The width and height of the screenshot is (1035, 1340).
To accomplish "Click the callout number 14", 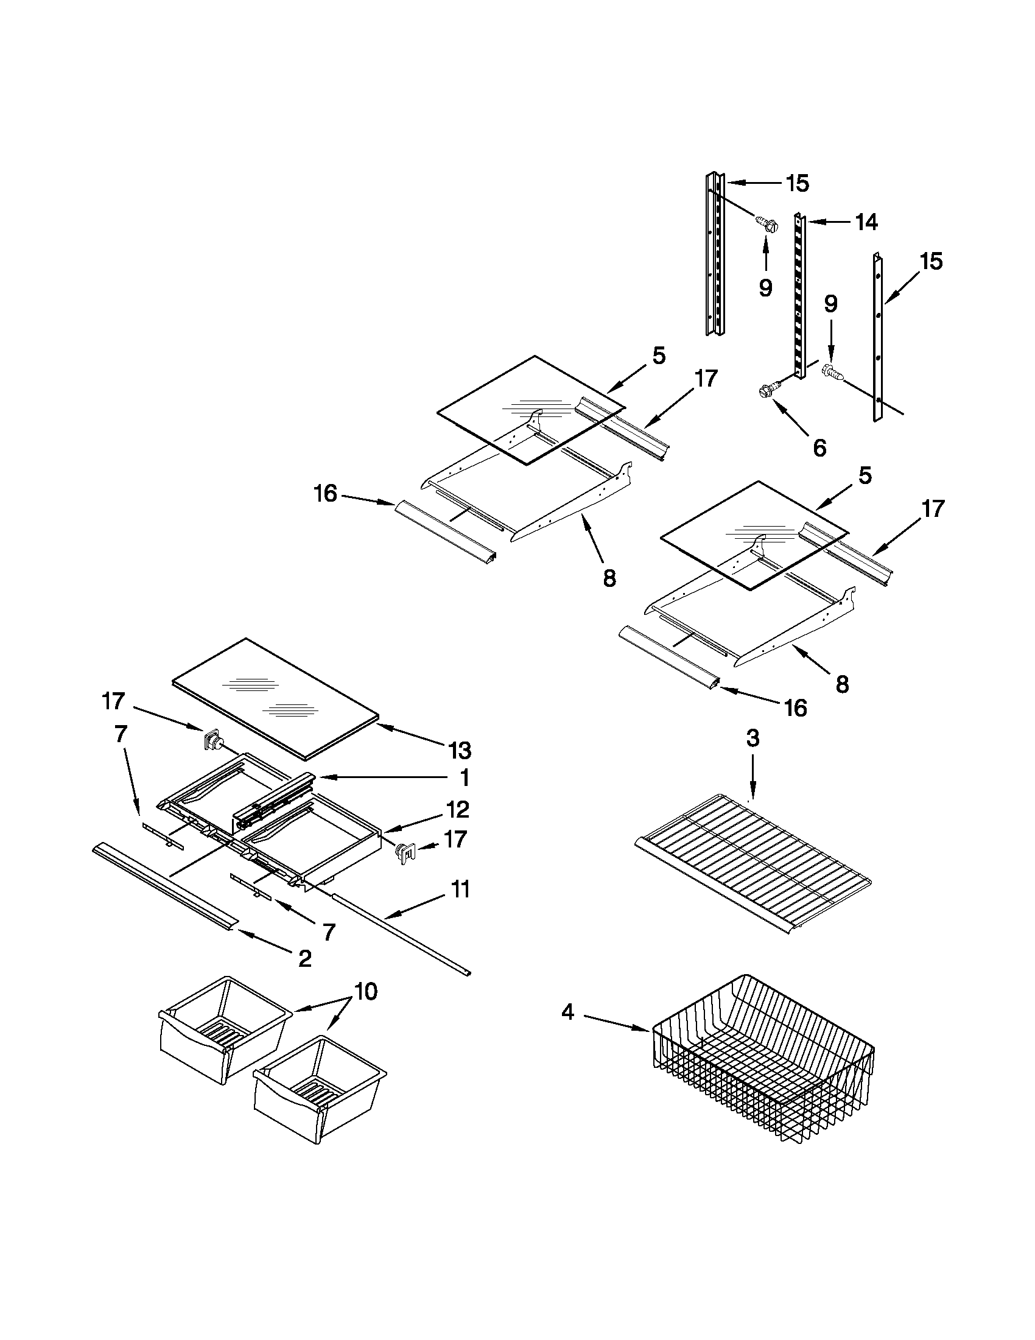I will pos(866,222).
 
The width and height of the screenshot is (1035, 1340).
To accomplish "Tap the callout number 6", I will pos(819,447).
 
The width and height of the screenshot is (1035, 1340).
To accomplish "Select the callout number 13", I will pos(460,750).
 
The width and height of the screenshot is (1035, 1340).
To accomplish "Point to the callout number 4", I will pos(567,1012).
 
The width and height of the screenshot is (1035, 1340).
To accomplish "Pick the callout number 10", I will pos(366,992).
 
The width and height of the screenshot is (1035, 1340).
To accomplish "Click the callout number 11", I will pos(460,889).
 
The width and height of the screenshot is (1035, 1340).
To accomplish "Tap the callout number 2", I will pos(304,958).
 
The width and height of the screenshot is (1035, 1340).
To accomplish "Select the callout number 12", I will pos(458,809).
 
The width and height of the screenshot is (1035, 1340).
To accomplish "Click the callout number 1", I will pos(465,778).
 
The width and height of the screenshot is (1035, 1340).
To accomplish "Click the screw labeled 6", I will pos(768,388).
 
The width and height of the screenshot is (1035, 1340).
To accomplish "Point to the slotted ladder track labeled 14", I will pos(800,295).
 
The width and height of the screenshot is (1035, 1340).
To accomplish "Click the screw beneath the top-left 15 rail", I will pos(766,224).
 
